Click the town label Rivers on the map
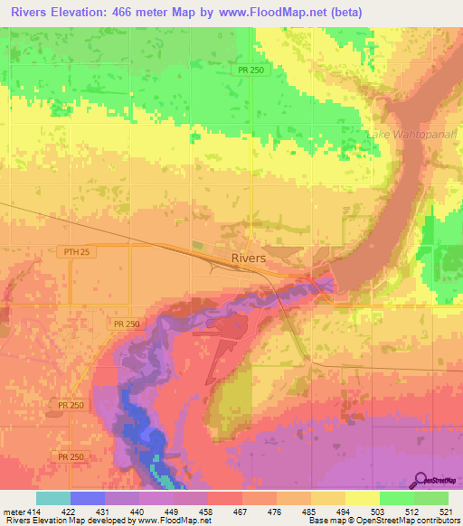pyautogui.click(x=249, y=258)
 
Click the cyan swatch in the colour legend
pyautogui.click(x=53, y=498)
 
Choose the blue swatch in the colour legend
pyautogui.click(x=88, y=498)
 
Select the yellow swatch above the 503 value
pyautogui.click(x=363, y=498)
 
